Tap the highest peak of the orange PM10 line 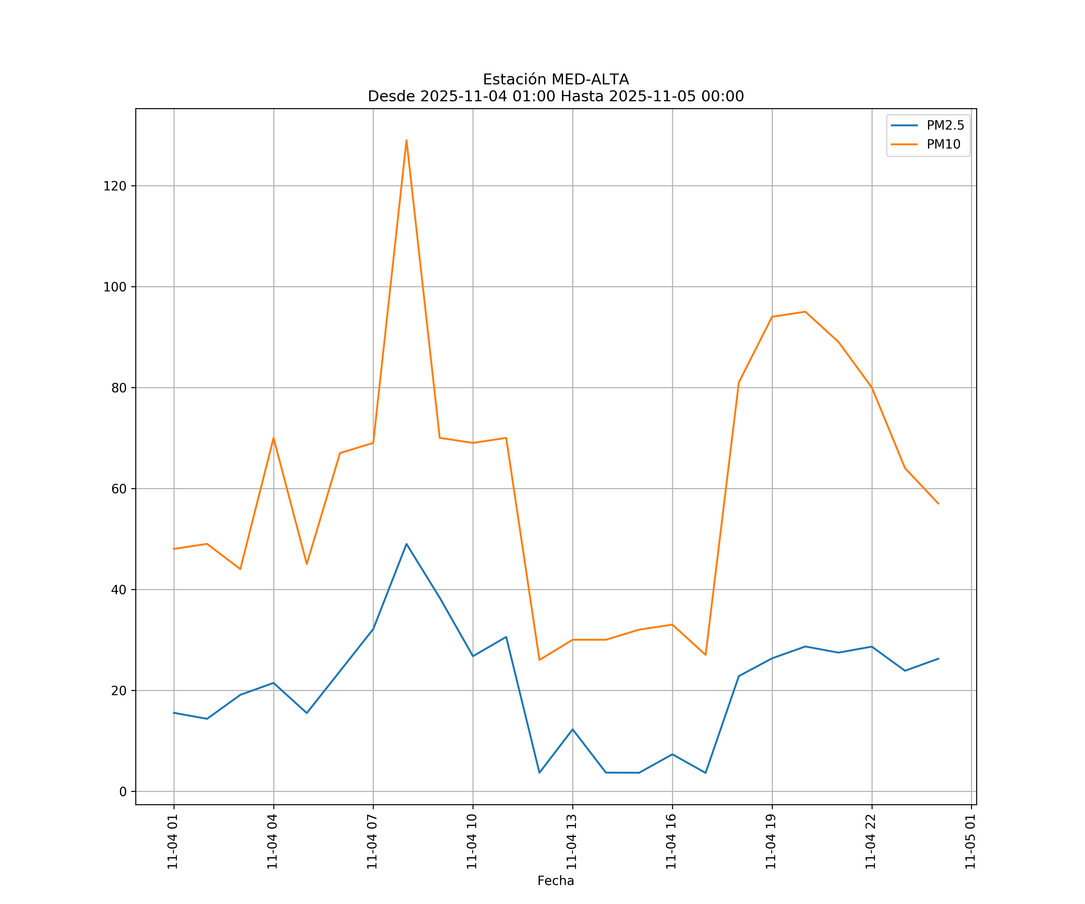tap(407, 140)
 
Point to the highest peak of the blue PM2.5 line tap(407, 544)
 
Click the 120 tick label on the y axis tap(115, 186)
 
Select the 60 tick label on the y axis tap(119, 489)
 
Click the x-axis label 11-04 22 tap(871, 842)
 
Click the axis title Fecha tap(555, 881)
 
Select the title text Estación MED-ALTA tap(555, 80)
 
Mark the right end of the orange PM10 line tap(938, 504)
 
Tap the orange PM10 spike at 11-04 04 tap(273, 438)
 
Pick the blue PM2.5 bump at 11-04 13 tap(572, 730)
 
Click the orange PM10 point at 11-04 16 tap(672, 625)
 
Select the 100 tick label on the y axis tap(115, 287)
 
